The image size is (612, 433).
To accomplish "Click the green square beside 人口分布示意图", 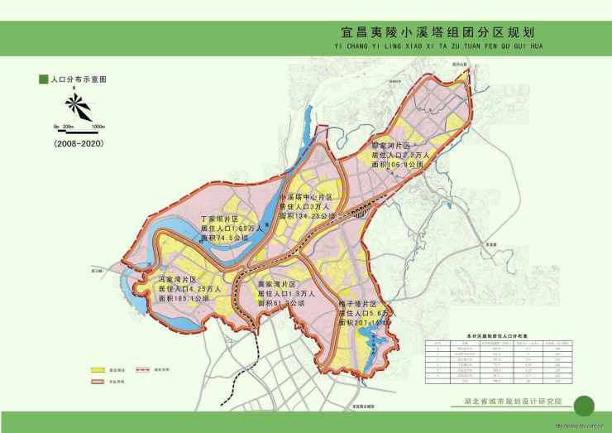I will (42, 80).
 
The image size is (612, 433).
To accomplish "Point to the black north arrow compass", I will (76, 105).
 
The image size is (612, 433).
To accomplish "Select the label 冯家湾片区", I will (179, 280).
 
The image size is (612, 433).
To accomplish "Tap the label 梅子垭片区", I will (358, 305).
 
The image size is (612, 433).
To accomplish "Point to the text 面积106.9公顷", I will (399, 165).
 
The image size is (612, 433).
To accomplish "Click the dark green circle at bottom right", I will (584, 406).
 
